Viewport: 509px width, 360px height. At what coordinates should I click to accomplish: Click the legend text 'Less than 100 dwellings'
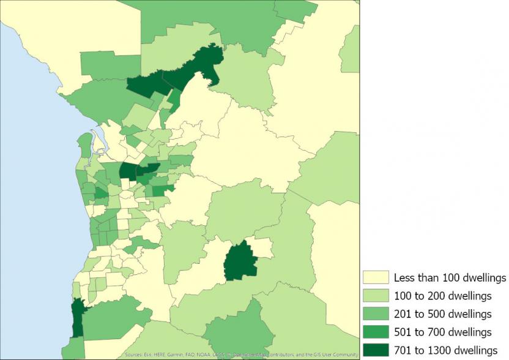tap(450, 278)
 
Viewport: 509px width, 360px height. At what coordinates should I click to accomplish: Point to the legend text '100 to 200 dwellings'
tap(443, 296)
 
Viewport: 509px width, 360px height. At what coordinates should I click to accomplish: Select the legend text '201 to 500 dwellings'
tap(443, 314)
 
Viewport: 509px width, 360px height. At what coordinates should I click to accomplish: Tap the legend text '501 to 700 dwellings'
tap(443, 332)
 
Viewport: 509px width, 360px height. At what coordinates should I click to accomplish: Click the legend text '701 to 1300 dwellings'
tap(445, 350)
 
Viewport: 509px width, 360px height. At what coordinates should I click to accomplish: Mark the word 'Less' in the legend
tap(404, 278)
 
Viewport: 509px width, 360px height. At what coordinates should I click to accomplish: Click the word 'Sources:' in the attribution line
tap(133, 355)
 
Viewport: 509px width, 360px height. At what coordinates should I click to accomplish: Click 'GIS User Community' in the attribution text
tap(336, 355)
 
